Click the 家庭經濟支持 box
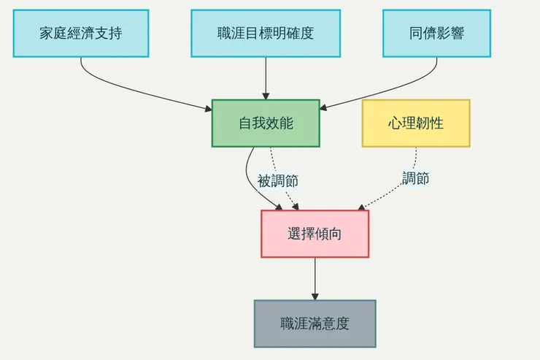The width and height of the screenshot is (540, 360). pos(80,33)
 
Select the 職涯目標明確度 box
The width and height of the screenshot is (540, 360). pos(266,33)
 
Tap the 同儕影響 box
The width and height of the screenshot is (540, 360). pos(436,33)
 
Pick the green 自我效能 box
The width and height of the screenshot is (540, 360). pos(266,123)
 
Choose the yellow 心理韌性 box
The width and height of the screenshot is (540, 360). pos(416,123)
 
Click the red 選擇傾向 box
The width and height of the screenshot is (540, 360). pos(315,234)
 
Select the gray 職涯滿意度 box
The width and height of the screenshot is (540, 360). pos(315,323)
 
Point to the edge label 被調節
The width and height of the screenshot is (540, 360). pos(277,180)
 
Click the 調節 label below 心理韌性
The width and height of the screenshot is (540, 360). pos(415,178)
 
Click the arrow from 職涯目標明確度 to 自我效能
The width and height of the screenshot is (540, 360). pos(266,77)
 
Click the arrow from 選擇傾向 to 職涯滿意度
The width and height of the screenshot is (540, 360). pos(315,277)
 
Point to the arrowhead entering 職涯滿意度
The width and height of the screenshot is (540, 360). pos(315,296)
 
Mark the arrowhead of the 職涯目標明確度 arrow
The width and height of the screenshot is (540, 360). pos(266,95)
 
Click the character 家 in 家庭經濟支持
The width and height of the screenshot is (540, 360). pos(47,33)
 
